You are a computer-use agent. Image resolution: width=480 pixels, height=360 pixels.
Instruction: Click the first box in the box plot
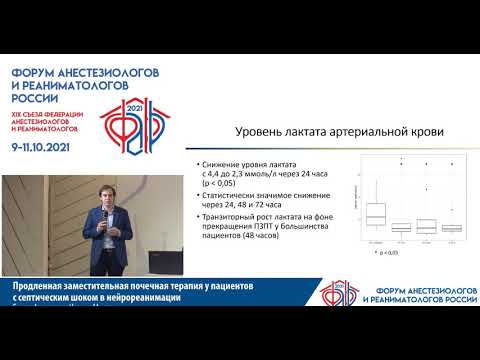(376, 212)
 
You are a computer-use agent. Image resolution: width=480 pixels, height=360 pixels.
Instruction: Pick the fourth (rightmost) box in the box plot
(451, 226)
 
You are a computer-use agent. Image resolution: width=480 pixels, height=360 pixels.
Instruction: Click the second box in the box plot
(401, 226)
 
